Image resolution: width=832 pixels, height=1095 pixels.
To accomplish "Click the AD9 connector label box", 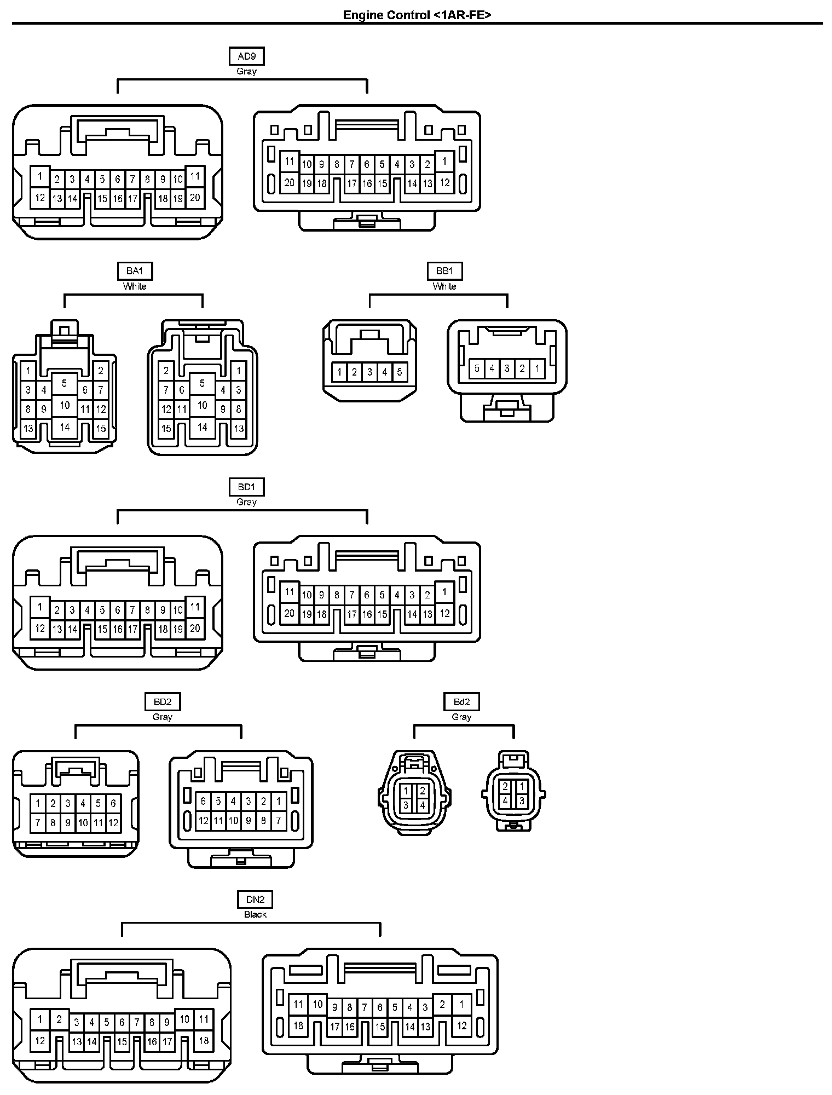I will click(246, 56).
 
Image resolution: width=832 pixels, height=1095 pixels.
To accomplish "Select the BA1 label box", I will click(135, 271).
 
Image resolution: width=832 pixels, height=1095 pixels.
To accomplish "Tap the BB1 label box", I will click(444, 271).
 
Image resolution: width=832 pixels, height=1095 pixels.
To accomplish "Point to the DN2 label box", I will click(255, 899).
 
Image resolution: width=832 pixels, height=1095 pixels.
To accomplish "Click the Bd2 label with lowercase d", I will click(461, 702).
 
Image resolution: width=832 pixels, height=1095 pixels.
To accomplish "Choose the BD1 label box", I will click(246, 487).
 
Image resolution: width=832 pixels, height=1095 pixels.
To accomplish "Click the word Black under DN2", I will click(255, 914).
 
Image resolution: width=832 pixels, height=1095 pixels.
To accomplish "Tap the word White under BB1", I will click(444, 286).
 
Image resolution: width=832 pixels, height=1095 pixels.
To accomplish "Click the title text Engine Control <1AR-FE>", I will click(417, 15).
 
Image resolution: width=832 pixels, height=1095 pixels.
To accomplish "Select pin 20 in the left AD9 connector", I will click(195, 198).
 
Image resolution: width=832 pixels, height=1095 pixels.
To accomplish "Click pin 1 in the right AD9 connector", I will click(445, 162).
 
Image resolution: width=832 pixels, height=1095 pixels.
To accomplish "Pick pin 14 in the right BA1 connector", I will click(203, 427).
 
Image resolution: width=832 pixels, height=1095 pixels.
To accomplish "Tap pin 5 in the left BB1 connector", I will click(400, 372).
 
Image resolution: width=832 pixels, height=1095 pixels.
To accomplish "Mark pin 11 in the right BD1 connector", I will click(290, 592).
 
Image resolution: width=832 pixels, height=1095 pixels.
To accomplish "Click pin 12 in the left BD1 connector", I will click(39, 628).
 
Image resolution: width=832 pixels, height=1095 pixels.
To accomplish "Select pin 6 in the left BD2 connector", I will click(113, 803).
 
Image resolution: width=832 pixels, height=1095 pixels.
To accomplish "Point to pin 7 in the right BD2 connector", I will click(279, 820).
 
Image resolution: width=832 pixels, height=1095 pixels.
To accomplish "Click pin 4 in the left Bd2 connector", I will click(422, 805).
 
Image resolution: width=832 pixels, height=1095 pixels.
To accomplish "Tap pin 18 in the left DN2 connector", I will click(204, 1040).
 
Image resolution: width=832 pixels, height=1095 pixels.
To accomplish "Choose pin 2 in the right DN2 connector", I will click(442, 1005).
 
